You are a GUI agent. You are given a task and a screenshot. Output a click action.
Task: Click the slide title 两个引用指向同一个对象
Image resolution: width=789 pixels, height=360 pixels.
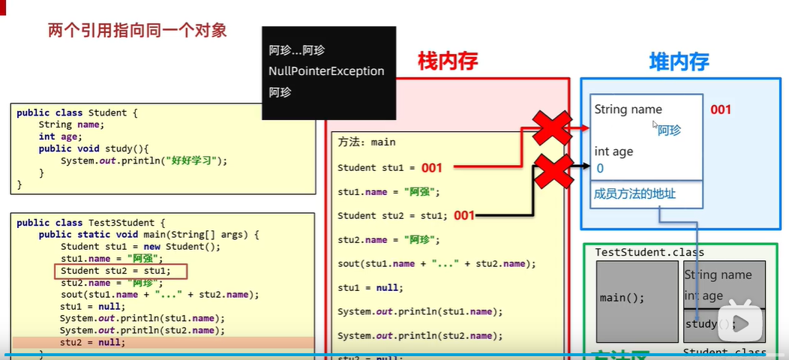click(137, 31)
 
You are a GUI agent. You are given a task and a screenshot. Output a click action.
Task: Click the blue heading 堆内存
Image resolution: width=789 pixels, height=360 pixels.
click(679, 61)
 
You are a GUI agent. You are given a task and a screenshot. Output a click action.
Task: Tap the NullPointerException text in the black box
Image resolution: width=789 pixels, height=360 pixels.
click(326, 71)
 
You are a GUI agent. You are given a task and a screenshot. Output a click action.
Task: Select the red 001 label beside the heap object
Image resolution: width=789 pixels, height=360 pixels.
click(720, 109)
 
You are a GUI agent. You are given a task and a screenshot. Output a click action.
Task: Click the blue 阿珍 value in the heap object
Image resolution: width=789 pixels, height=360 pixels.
click(669, 131)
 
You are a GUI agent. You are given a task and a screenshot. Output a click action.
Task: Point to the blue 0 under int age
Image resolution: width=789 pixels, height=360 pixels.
click(600, 169)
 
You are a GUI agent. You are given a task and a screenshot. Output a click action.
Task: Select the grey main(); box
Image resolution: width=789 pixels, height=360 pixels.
click(637, 298)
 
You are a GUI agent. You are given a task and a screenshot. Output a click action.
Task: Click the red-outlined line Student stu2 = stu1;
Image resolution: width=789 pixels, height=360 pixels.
click(120, 271)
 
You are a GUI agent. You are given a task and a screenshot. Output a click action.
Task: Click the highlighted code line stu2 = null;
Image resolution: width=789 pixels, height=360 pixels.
click(93, 342)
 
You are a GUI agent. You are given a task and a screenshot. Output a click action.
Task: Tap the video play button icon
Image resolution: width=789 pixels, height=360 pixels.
click(741, 323)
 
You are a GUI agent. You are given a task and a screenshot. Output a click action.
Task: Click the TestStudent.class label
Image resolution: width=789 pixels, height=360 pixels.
click(649, 253)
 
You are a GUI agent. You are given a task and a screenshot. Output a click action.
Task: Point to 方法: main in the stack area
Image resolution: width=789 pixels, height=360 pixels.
click(367, 142)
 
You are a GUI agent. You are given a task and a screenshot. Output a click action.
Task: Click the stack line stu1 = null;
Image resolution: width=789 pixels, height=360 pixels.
click(370, 287)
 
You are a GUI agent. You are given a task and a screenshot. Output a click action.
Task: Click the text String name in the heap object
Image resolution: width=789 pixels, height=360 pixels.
click(628, 109)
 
